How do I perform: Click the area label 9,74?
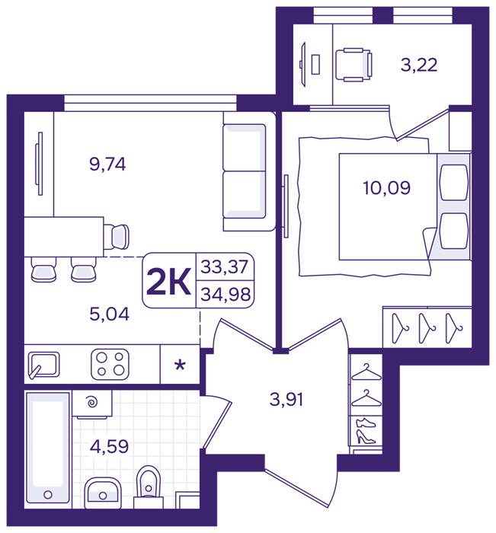(x=107, y=164)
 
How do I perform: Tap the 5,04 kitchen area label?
(x=109, y=314)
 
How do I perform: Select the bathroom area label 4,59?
(x=109, y=447)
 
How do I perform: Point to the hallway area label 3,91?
(x=286, y=400)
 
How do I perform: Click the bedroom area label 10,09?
(x=387, y=188)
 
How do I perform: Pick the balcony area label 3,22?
(x=419, y=65)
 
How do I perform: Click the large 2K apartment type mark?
(x=168, y=282)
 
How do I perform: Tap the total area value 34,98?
(x=226, y=295)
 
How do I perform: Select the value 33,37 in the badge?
(x=224, y=266)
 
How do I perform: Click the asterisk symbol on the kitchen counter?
(x=180, y=365)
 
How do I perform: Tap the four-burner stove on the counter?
(x=110, y=365)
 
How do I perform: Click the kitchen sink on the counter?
(x=44, y=365)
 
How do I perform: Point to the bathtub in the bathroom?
(x=48, y=450)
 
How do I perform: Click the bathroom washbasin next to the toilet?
(x=103, y=493)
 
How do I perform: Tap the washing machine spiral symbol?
(x=92, y=403)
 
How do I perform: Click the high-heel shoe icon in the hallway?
(x=366, y=437)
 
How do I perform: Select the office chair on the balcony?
(x=354, y=65)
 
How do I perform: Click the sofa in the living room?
(x=248, y=171)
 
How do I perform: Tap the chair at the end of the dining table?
(x=117, y=237)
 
